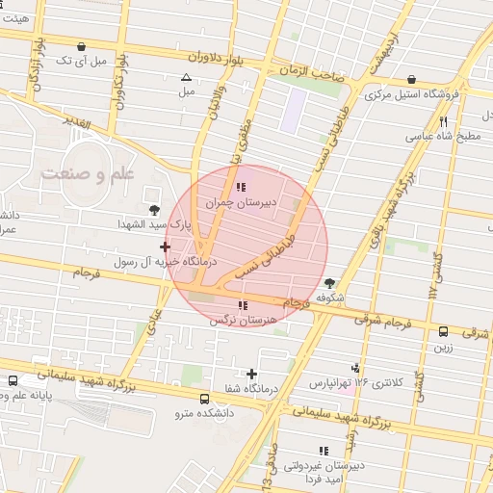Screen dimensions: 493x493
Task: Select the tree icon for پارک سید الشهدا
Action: click(153, 210)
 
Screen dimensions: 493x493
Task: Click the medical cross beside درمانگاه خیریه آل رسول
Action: click(165, 247)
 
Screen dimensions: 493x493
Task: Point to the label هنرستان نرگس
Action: click(242, 321)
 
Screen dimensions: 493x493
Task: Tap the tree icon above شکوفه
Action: click(330, 283)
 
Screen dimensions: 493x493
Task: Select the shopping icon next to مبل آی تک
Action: click(81, 45)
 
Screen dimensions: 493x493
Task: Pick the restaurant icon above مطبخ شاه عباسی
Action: click(443, 121)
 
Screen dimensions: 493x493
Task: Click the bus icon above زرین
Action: click(443, 331)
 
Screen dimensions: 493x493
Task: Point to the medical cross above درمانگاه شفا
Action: click(251, 373)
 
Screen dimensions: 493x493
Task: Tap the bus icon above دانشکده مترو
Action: click(203, 399)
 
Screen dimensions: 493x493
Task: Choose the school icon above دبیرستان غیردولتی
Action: click(323, 450)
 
